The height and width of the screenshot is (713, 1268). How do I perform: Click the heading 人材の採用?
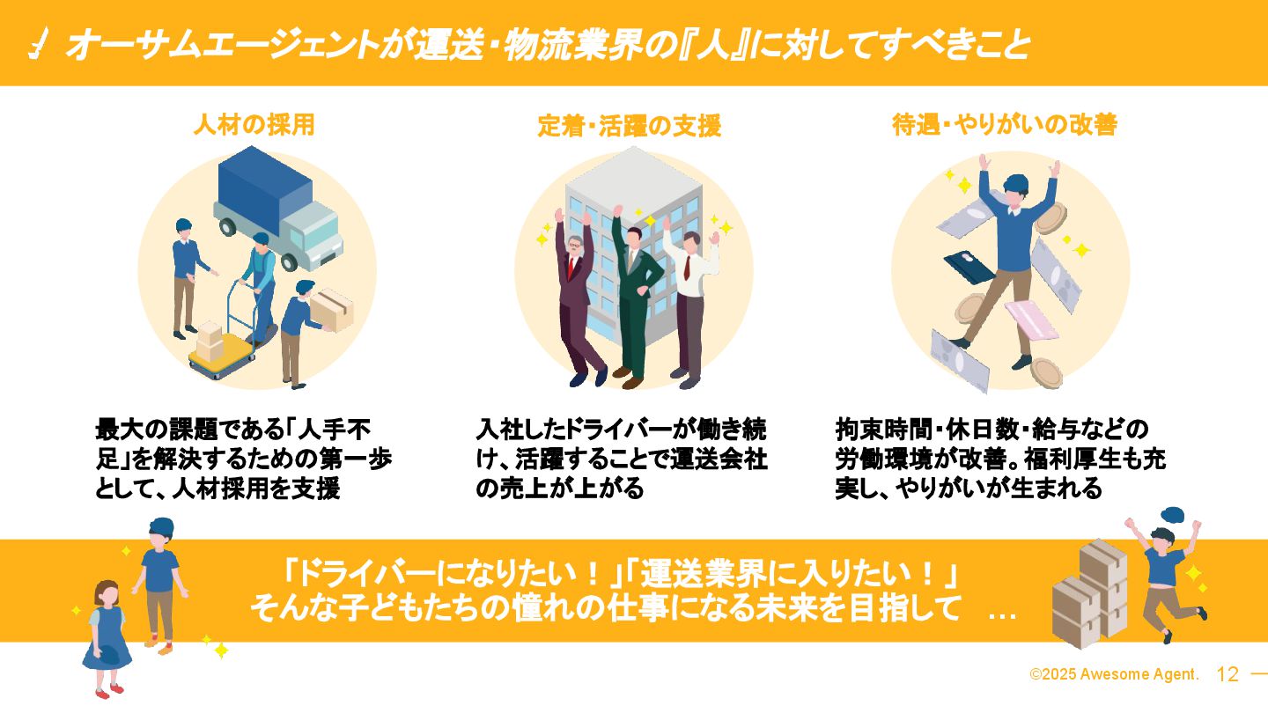tap(254, 126)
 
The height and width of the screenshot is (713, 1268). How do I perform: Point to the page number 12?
tap(1227, 675)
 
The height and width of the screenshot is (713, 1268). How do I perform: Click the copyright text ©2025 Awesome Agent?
tap(1114, 675)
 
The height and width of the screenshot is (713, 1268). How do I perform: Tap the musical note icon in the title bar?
tap(39, 43)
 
